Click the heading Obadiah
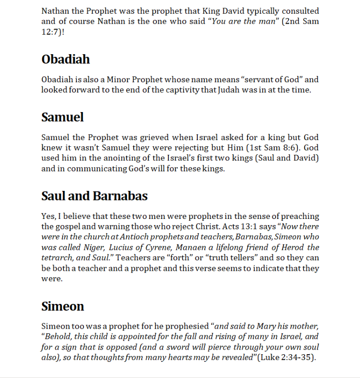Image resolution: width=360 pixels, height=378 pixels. pos(65,59)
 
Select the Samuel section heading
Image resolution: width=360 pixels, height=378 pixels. pos(63,117)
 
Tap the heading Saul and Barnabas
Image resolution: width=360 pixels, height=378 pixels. pos(94,196)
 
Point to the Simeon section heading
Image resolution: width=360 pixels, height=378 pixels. pos(63,306)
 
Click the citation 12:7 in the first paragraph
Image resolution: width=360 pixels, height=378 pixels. pos(51,31)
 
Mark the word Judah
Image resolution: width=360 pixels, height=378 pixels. pos(232,90)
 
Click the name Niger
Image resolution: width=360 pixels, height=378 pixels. pos(93,247)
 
